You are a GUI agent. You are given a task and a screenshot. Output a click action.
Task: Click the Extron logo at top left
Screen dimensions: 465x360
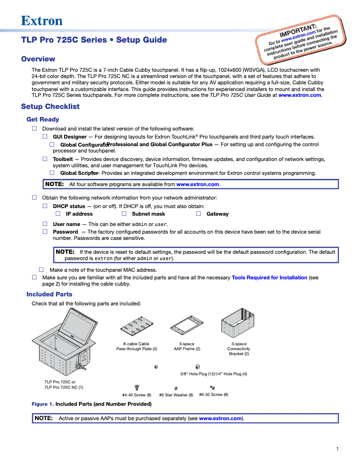click(x=42, y=21)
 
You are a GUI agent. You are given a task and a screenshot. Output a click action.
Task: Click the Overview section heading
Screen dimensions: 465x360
click(x=38, y=59)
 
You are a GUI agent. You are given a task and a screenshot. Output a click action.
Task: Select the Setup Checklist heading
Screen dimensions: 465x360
click(x=50, y=106)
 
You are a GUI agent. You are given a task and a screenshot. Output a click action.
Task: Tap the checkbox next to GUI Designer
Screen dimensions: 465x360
click(x=45, y=136)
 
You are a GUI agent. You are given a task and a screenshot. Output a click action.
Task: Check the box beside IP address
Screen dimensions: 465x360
click(x=58, y=214)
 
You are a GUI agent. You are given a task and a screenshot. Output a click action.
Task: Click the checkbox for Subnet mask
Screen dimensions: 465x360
click(x=124, y=214)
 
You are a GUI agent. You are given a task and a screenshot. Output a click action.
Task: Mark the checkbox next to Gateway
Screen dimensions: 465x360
click(x=198, y=214)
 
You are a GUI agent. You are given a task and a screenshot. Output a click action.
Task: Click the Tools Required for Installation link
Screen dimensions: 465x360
click(x=269, y=278)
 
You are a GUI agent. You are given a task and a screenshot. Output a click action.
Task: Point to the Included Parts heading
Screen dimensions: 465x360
click(x=49, y=294)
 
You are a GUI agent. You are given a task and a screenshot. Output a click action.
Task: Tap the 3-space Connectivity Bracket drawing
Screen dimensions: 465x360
click(x=238, y=323)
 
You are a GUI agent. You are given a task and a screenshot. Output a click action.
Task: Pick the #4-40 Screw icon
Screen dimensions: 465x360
click(x=137, y=387)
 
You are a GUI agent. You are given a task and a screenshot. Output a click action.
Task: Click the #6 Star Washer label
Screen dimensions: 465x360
click(x=176, y=395)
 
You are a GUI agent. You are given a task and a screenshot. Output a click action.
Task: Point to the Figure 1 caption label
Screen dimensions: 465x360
click(x=42, y=404)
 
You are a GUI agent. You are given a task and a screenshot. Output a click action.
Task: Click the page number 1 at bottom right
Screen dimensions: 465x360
click(x=337, y=449)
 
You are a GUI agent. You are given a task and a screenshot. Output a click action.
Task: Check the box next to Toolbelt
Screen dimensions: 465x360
click(x=45, y=159)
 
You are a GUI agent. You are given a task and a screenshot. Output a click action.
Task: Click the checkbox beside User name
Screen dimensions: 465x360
click(x=45, y=224)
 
